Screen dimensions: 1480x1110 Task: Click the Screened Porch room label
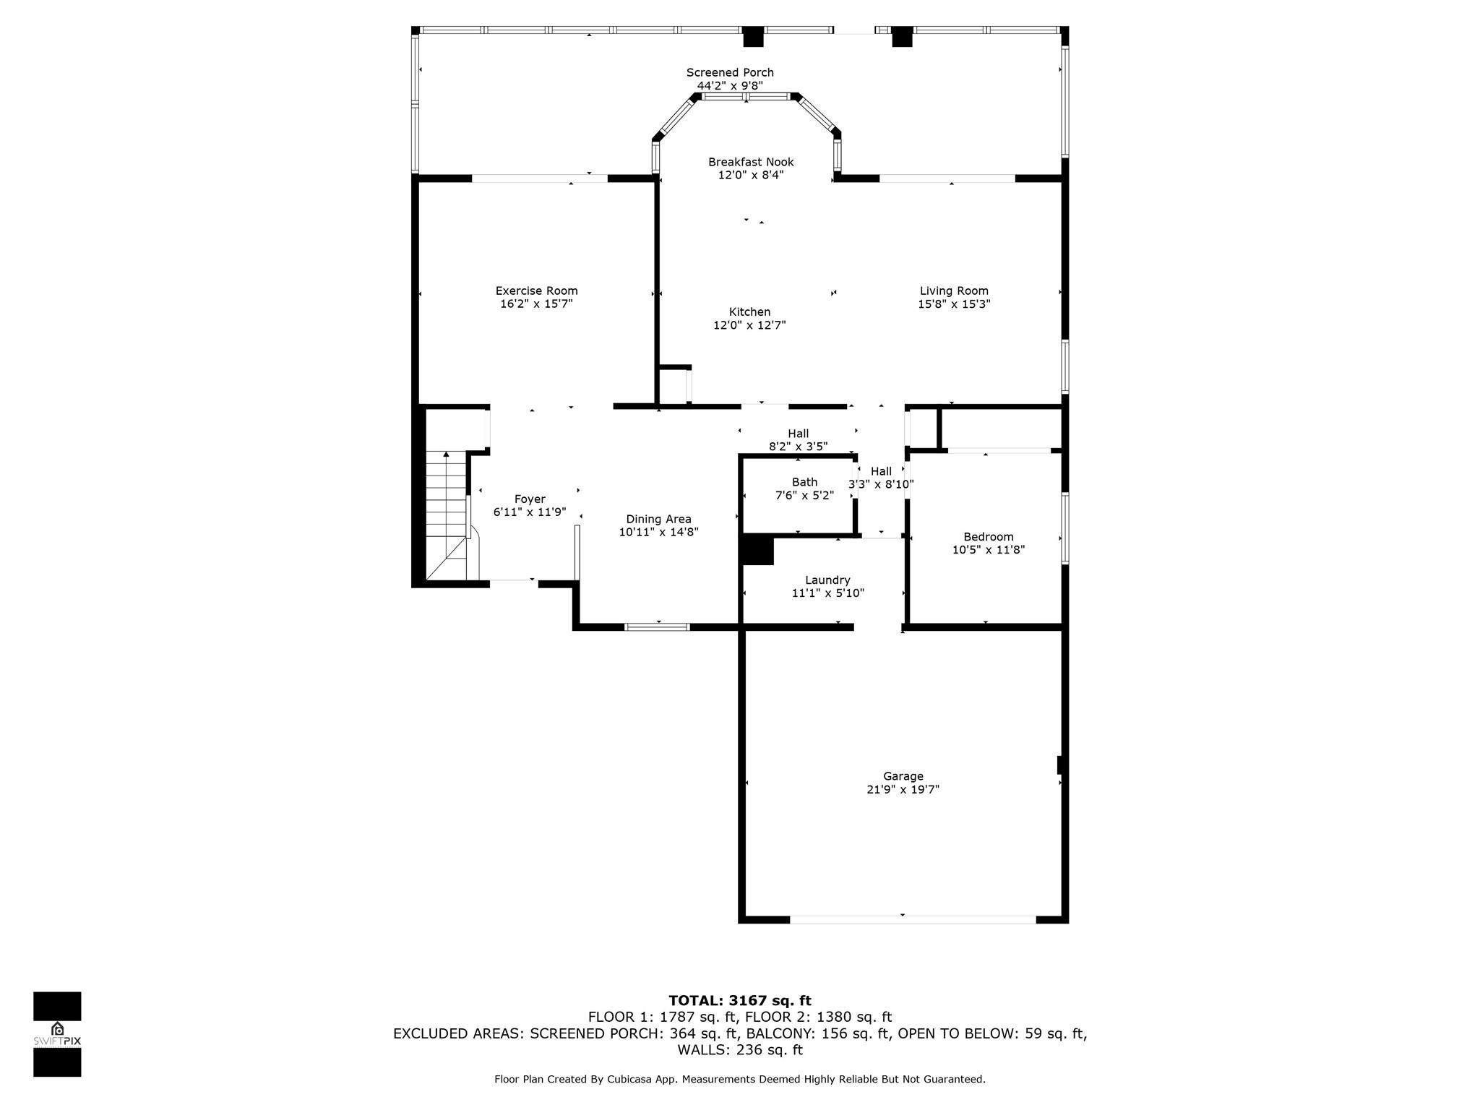730,72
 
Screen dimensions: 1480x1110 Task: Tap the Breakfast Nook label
751,162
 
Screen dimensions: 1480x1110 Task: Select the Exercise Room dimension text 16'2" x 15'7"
536,304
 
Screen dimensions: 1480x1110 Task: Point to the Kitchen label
749,312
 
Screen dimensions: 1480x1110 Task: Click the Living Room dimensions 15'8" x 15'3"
954,304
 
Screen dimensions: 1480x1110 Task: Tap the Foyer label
530,499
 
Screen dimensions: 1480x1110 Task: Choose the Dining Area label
658,519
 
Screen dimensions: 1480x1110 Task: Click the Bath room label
804,482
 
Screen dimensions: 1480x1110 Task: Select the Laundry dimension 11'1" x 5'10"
828,593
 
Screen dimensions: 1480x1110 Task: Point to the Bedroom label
989,537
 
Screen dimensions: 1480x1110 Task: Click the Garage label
903,777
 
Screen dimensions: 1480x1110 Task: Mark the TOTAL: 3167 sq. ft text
740,1001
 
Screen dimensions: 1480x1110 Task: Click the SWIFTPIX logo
57,1034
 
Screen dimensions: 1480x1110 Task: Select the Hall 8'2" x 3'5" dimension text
798,447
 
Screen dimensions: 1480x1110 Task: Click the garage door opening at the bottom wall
913,920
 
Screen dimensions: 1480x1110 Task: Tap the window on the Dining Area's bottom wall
657,627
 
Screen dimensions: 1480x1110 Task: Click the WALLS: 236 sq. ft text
740,1050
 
